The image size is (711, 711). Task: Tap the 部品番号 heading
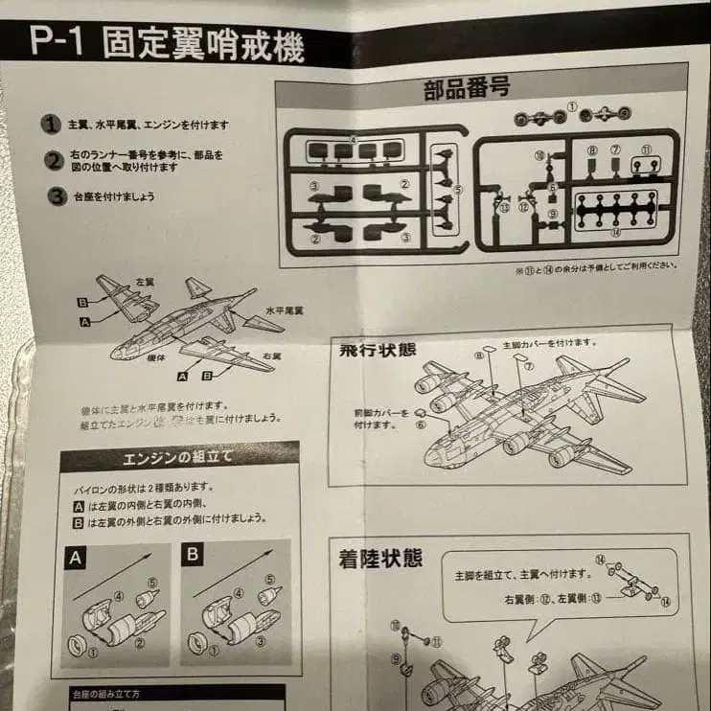click(x=467, y=88)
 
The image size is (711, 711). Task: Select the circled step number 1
click(x=50, y=125)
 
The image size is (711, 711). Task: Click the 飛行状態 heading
click(x=378, y=349)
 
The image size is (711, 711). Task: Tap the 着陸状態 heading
click(x=380, y=558)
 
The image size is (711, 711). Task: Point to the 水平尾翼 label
click(x=284, y=310)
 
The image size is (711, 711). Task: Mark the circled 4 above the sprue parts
click(x=354, y=140)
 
